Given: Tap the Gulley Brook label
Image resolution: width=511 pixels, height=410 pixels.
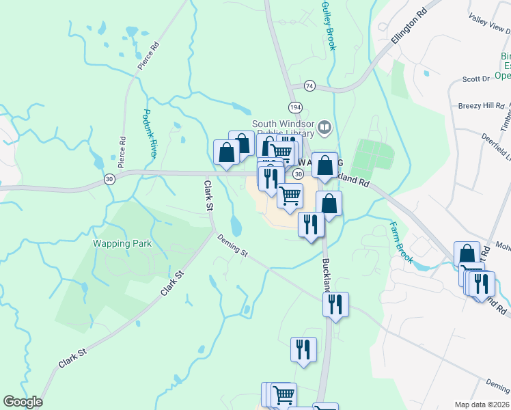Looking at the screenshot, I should click(x=328, y=25).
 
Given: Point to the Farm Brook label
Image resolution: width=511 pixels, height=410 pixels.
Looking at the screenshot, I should click(x=402, y=243).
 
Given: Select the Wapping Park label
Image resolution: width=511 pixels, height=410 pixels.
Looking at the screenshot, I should click(x=122, y=243).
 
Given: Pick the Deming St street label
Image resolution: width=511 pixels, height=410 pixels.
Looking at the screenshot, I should click(x=233, y=245).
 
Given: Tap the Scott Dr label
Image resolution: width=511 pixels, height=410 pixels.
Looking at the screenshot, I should click(x=476, y=79).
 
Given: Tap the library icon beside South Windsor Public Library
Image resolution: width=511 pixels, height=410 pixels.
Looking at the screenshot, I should click(x=324, y=126).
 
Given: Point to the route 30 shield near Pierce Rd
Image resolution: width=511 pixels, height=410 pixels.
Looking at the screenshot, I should click(x=109, y=178).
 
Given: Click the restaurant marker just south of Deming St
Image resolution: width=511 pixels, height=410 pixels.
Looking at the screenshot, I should click(x=335, y=303).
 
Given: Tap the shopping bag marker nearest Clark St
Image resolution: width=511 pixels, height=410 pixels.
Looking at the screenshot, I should click(x=226, y=152).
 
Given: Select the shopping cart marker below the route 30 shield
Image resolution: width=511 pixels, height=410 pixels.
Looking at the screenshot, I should click(x=290, y=195).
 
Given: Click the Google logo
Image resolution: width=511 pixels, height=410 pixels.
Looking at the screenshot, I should click(x=23, y=402).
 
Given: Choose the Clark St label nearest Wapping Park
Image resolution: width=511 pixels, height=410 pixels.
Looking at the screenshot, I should click(x=173, y=283).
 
